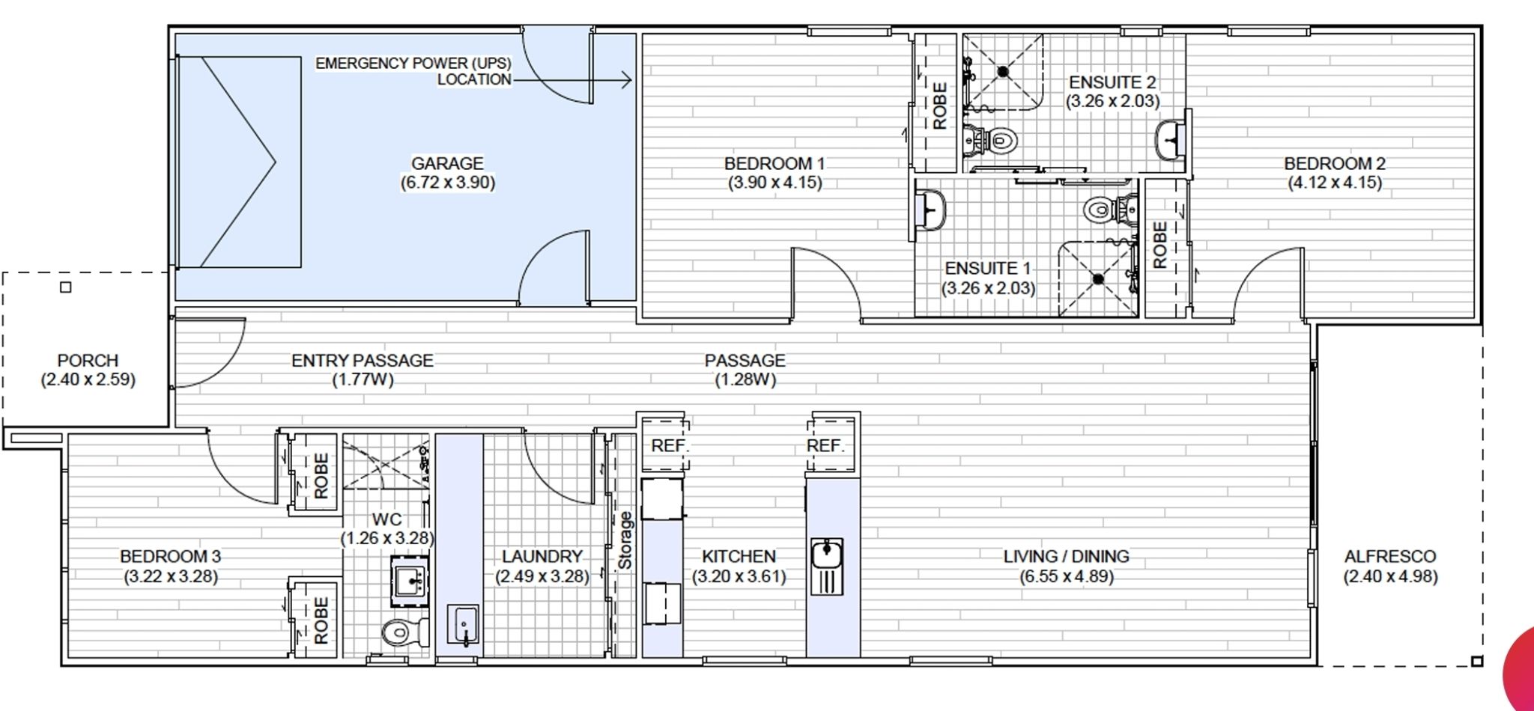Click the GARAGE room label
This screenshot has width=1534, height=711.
click(447, 163)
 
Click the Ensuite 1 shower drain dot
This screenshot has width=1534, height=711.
click(1098, 279)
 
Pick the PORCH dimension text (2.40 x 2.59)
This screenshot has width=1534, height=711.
click(88, 379)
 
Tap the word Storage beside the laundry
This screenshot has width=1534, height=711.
click(625, 540)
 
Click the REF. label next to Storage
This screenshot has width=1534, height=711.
click(669, 446)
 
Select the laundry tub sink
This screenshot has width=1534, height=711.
click(463, 624)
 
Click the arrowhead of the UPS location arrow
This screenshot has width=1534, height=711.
click(628, 79)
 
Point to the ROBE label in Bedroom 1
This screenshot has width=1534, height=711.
click(940, 106)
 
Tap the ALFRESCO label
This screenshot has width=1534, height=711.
click(1390, 556)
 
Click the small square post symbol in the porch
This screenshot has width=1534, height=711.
click(65, 287)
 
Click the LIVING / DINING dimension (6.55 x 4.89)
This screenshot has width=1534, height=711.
click(1066, 576)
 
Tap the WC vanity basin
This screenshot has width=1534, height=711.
click(410, 579)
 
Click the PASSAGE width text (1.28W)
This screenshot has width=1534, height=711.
click(745, 379)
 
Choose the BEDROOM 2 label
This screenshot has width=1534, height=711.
click(1335, 163)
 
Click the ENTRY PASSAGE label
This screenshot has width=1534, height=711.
click(363, 360)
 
